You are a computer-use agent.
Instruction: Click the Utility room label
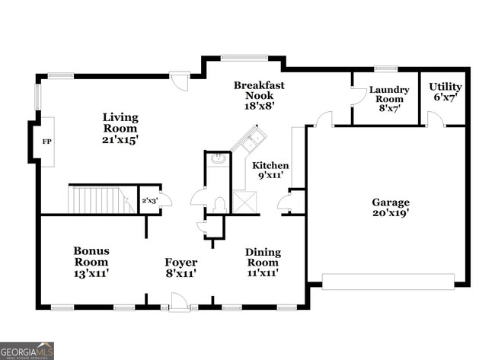tap(445, 91)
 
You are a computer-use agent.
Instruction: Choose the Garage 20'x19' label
tap(390, 208)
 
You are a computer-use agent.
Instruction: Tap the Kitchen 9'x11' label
tap(270, 170)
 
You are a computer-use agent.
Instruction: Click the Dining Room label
tap(263, 262)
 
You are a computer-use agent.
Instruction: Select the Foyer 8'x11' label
tap(181, 267)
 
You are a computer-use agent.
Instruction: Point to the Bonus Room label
tap(91, 261)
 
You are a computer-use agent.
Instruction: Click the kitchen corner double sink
tap(248, 140)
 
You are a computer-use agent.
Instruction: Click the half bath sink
tap(217, 160)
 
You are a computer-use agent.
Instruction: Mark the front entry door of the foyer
tap(179, 304)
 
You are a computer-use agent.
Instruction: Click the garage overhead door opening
tap(388, 282)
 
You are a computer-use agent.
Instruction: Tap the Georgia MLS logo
tap(27, 350)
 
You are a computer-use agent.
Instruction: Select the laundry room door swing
tap(356, 95)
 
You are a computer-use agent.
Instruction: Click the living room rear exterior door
tap(180, 81)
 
